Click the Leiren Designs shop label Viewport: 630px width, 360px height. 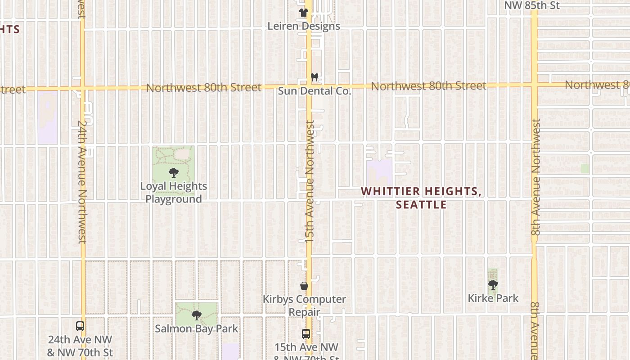coord(304,26)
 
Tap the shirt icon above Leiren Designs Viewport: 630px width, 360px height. coord(304,13)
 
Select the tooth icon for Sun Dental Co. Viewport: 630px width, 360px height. coord(315,77)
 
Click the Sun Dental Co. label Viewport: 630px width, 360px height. coord(314,91)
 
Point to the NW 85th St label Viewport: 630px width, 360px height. coord(531,5)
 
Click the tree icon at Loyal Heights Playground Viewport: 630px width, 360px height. coord(173,172)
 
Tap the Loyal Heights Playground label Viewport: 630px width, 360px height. coord(173,193)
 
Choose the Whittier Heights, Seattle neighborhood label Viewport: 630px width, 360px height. coord(421,198)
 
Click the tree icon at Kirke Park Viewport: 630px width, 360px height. coord(493,284)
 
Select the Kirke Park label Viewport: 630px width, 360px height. coord(493,298)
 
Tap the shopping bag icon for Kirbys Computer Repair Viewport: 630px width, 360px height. coord(304,286)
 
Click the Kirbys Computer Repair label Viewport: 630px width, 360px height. coord(304,305)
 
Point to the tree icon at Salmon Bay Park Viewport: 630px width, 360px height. coord(196,315)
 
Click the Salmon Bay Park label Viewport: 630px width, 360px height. coord(196,328)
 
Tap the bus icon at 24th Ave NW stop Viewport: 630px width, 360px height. coord(80,326)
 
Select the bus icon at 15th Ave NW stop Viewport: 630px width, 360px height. coord(306,333)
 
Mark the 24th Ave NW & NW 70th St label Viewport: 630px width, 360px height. coord(80,346)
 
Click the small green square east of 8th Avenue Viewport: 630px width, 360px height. coord(585,169)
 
